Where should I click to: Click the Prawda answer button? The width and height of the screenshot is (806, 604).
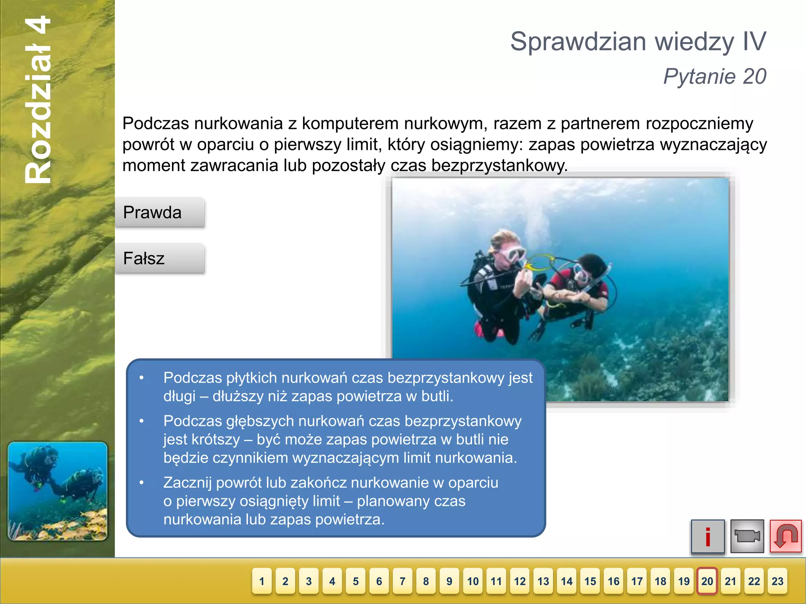point(160,213)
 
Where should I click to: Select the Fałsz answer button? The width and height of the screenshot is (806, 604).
point(160,258)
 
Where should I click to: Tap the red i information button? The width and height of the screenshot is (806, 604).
point(708,536)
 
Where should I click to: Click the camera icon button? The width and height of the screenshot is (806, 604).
point(747,536)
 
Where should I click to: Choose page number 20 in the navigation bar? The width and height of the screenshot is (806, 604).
point(707,581)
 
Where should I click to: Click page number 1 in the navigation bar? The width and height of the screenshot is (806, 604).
point(262,581)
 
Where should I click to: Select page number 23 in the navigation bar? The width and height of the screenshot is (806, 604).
point(777,581)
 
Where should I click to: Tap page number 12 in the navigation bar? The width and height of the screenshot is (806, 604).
point(519,581)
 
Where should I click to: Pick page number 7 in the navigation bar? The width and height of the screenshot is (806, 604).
point(403,581)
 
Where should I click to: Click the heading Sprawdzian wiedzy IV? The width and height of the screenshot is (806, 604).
point(638,42)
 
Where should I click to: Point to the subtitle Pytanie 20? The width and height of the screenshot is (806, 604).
point(715,76)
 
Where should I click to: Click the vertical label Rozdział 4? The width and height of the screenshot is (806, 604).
point(38,100)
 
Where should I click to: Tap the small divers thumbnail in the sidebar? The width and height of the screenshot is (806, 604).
point(57,491)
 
